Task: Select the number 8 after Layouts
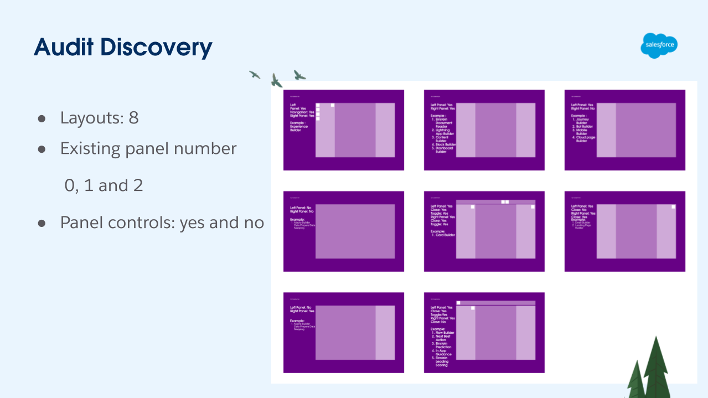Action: (133, 118)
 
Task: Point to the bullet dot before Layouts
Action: (41, 119)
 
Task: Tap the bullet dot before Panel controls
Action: (41, 223)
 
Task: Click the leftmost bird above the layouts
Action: (255, 74)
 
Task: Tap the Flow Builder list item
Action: (444, 333)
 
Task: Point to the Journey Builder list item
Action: (584, 121)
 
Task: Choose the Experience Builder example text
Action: (299, 128)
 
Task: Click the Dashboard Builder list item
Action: (444, 149)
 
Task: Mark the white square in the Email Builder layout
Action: (673, 207)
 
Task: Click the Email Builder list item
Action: (583, 223)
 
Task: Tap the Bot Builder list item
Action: (584, 127)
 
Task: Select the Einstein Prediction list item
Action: (444, 345)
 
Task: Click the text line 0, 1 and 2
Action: (104, 185)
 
